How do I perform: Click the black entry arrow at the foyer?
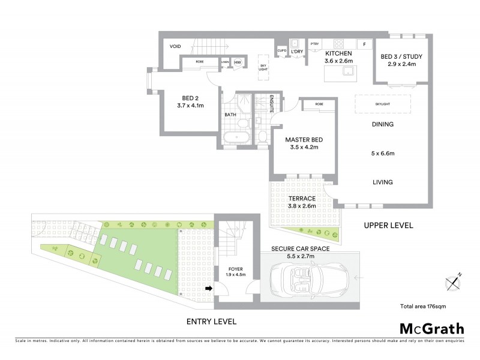tap(209, 289)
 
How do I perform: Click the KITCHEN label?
tap(338, 53)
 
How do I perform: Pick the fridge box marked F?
tap(364, 44)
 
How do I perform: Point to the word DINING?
tap(382, 125)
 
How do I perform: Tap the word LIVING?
tap(382, 182)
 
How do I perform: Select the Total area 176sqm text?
tap(423, 306)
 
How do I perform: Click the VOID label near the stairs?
tap(175, 46)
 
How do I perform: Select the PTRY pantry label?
tap(314, 43)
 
